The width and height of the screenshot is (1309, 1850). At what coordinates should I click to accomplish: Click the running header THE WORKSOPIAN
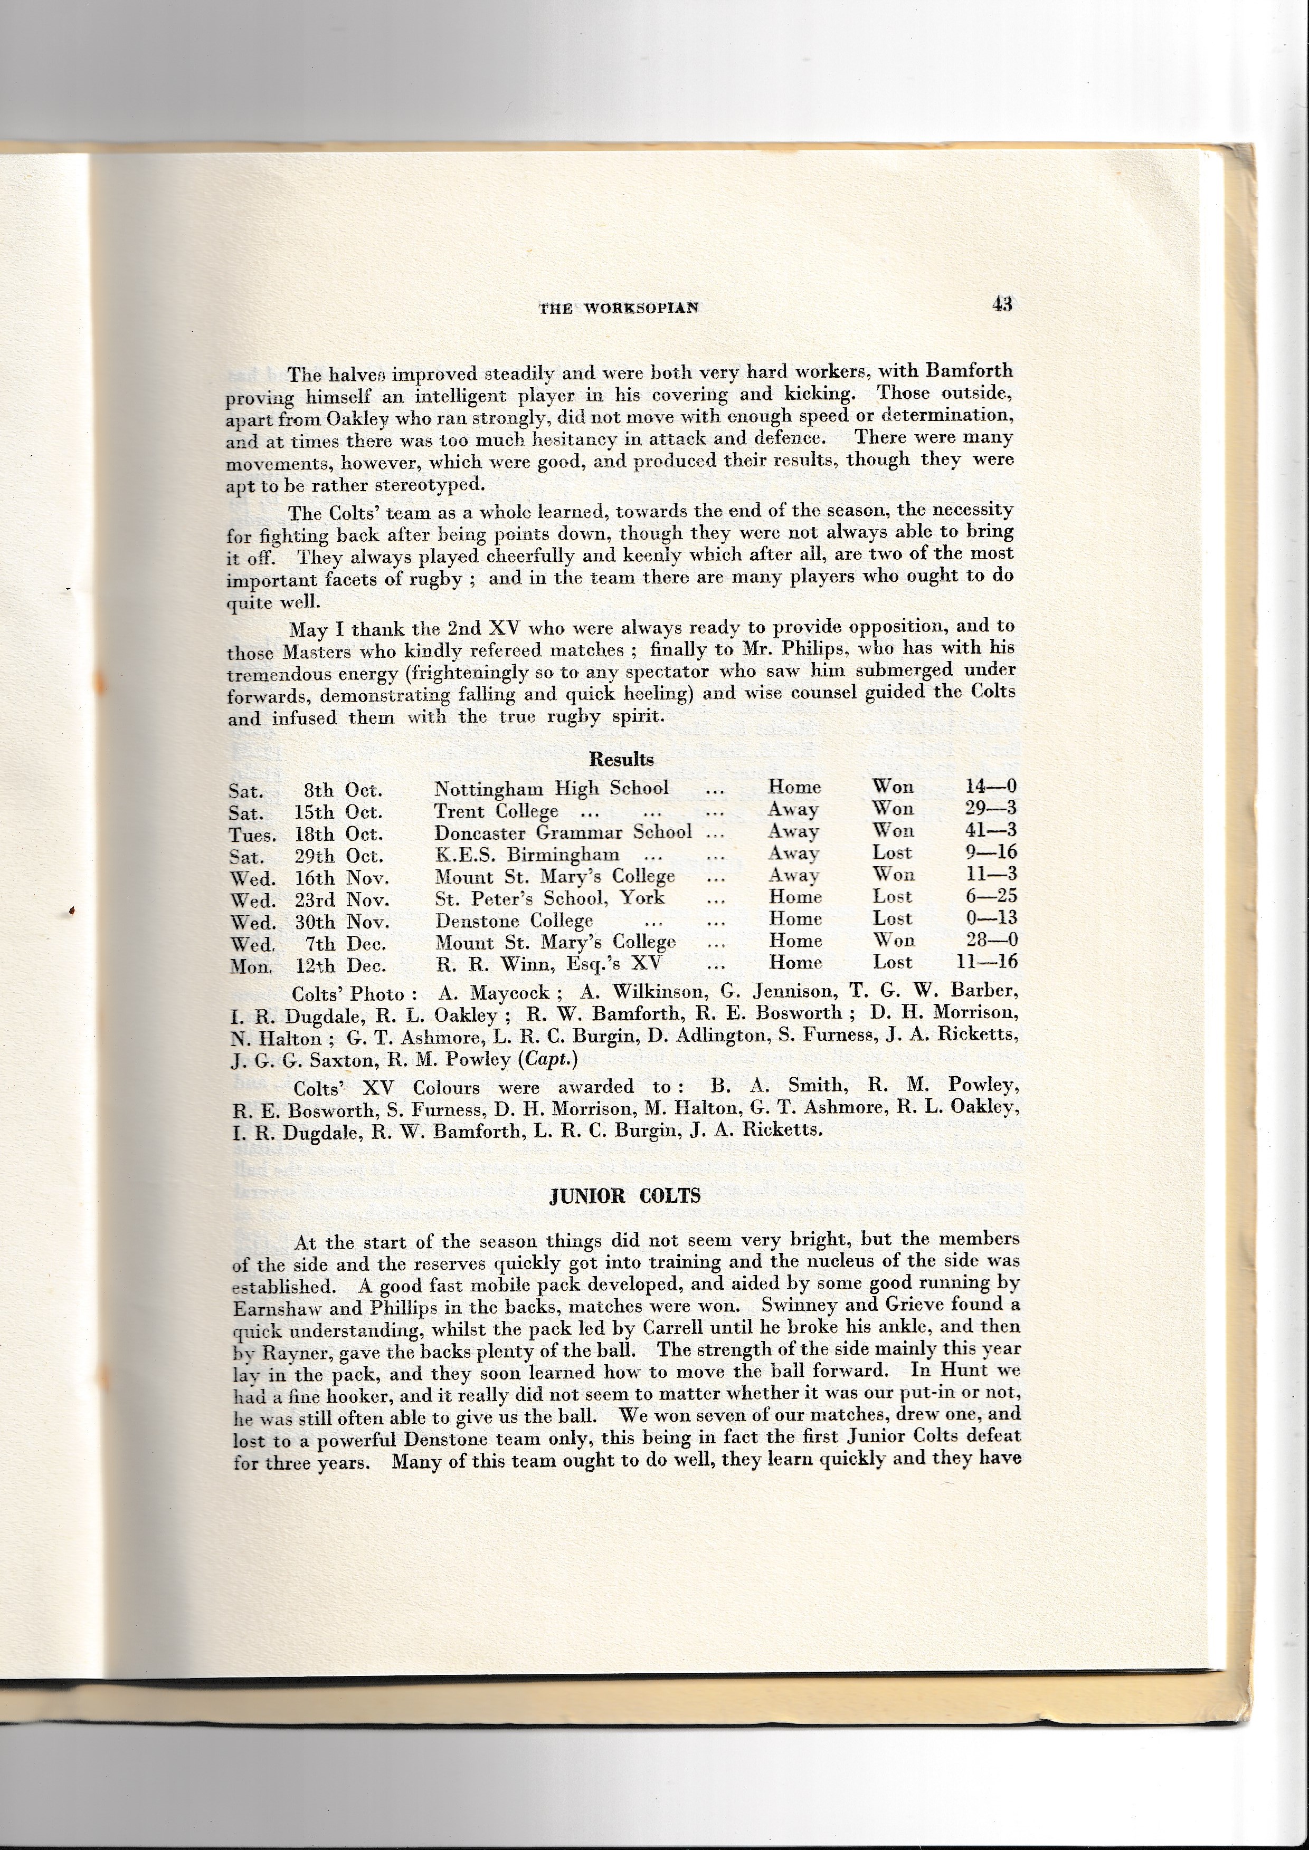tap(618, 307)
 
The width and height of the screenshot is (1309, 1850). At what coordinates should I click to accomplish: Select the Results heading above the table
tap(621, 759)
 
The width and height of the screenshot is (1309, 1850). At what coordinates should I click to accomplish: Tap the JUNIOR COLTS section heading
tap(624, 1196)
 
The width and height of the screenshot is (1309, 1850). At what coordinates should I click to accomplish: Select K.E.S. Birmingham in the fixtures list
tap(527, 854)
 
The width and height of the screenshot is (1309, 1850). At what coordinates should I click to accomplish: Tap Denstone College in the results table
tap(514, 919)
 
